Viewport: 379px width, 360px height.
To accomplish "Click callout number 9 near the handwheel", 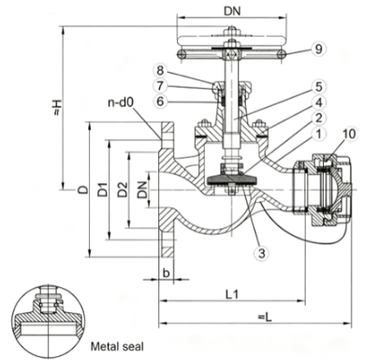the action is pyautogui.click(x=318, y=49).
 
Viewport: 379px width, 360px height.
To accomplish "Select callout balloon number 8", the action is pyautogui.click(x=160, y=70).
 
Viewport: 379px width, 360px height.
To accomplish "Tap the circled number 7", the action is pyautogui.click(x=160, y=85).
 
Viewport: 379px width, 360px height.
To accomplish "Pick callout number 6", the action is pyautogui.click(x=160, y=101).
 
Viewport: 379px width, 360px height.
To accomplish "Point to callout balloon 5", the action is pyautogui.click(x=318, y=87).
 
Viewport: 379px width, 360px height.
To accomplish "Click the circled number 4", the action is pyautogui.click(x=318, y=102).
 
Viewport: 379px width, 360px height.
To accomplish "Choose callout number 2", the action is pyautogui.click(x=318, y=118).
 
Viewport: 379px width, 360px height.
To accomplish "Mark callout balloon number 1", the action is pyautogui.click(x=318, y=134).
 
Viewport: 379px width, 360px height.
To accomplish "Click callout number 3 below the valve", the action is pyautogui.click(x=261, y=252).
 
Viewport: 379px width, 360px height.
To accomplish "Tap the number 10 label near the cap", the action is pyautogui.click(x=349, y=134).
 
